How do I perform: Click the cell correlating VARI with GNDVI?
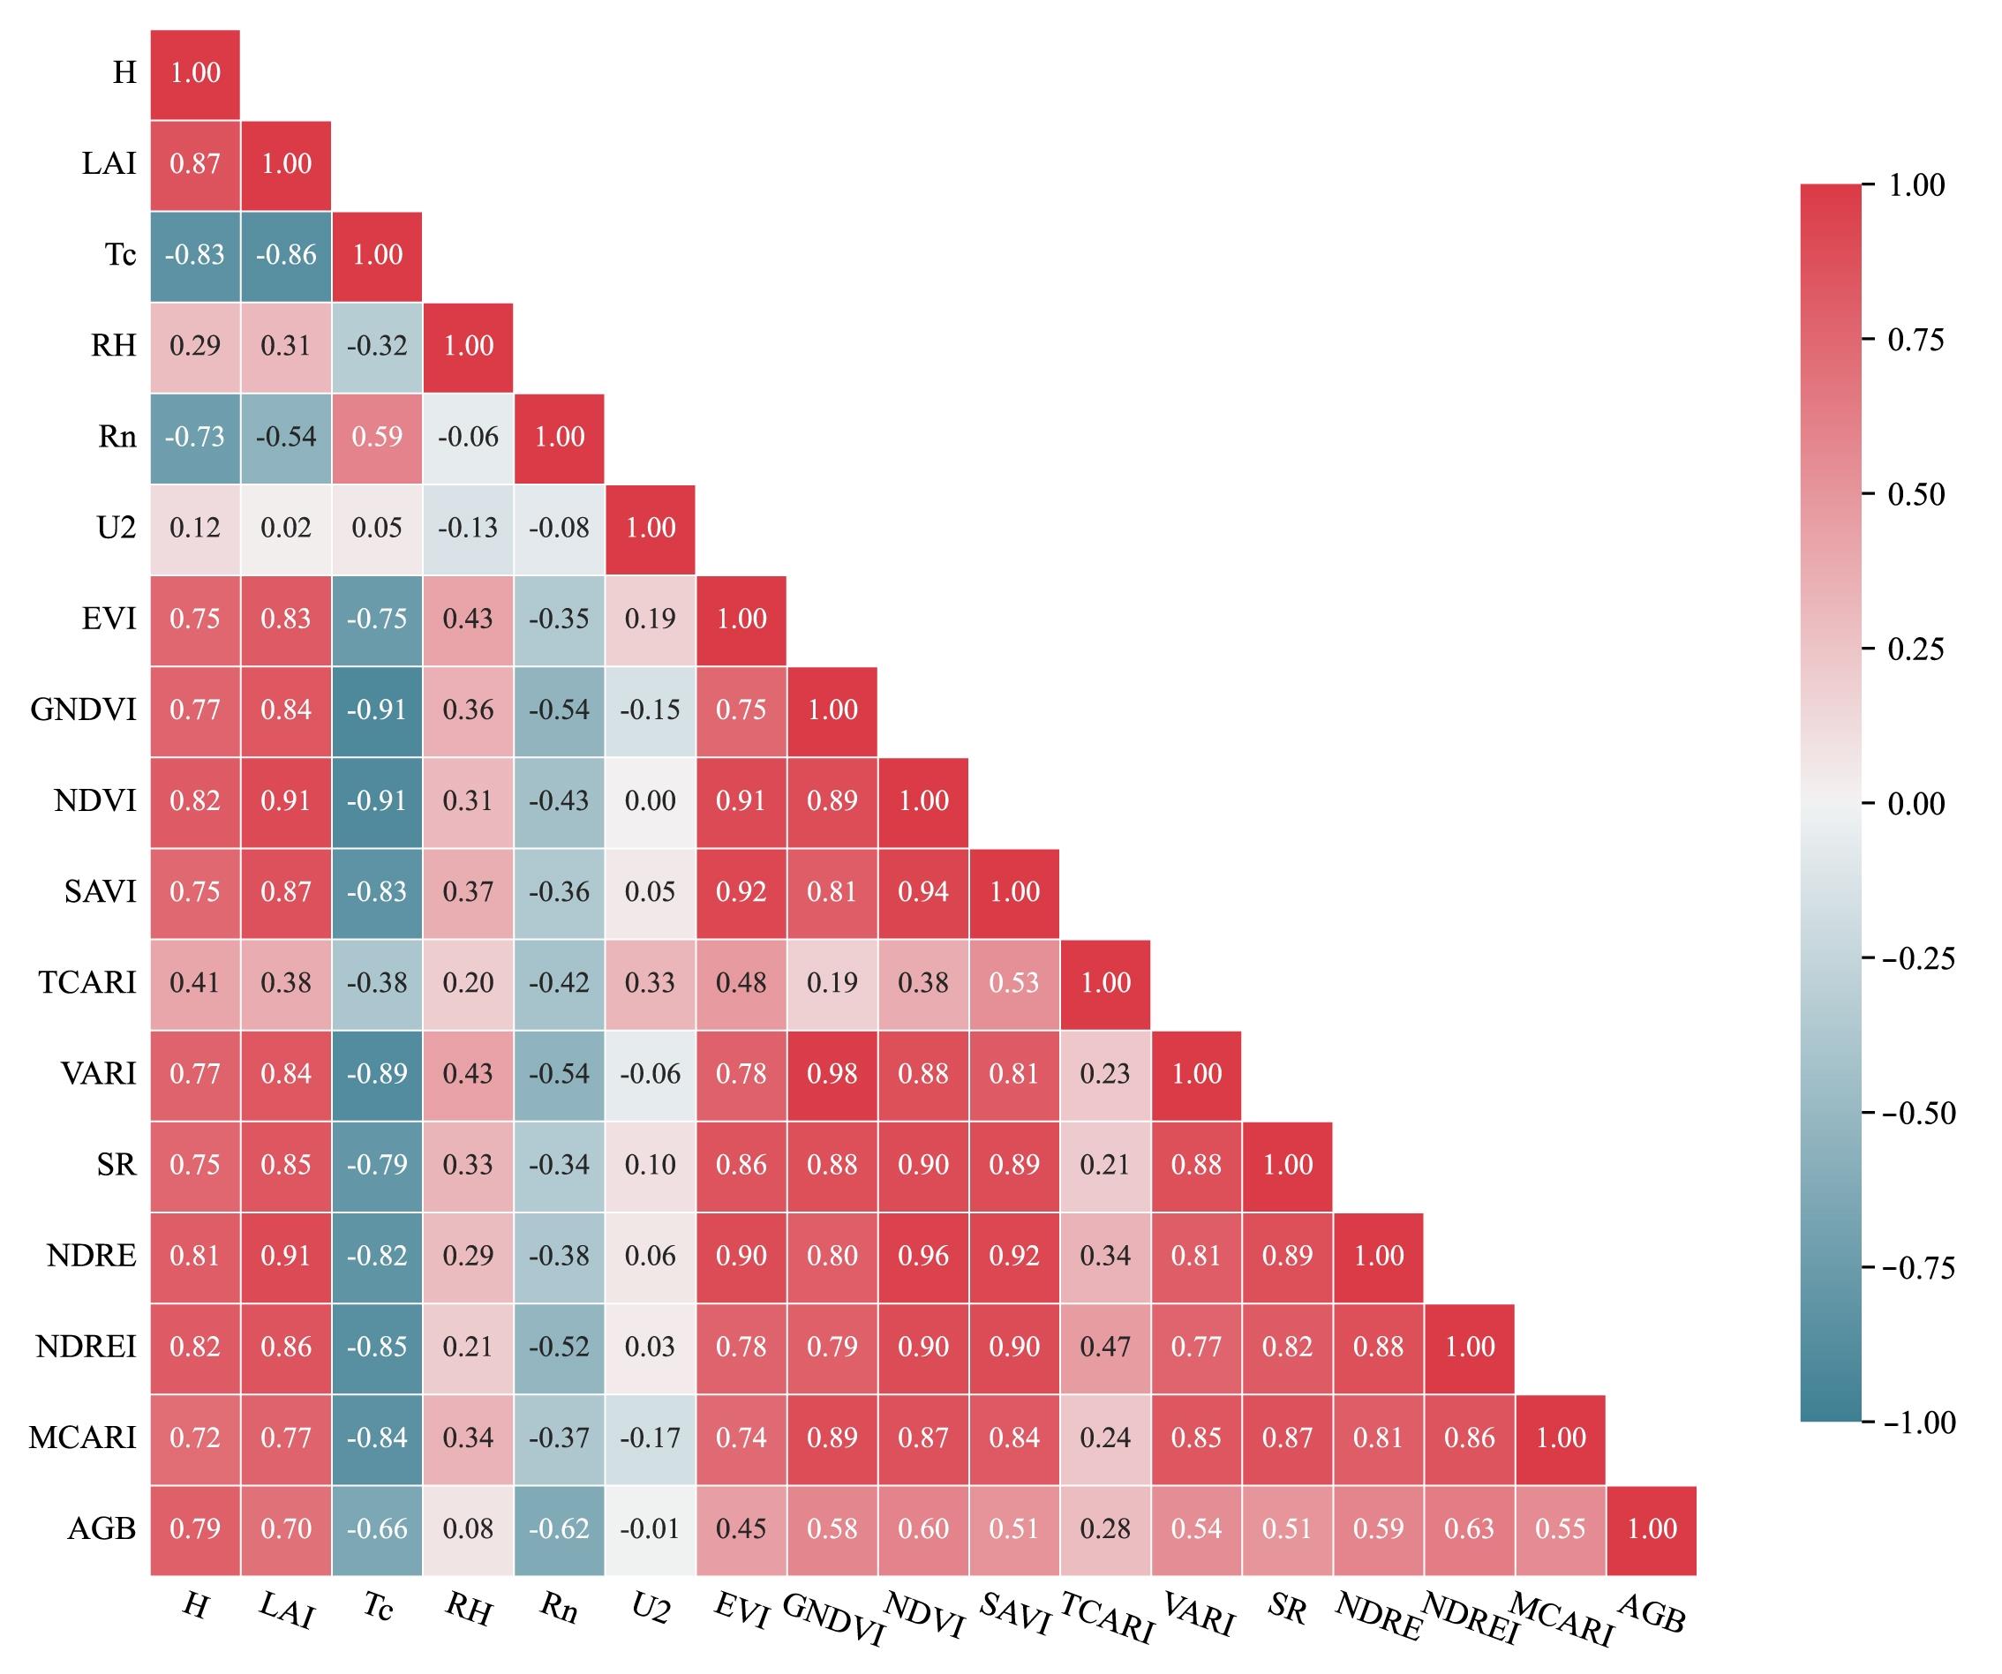(x=832, y=1073)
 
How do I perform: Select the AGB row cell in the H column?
(x=195, y=1528)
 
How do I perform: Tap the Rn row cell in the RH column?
(x=468, y=437)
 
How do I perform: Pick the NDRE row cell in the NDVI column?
(x=922, y=1256)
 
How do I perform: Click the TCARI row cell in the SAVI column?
(x=1014, y=983)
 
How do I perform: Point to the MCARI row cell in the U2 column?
(x=651, y=1438)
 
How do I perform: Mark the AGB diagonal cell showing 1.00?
(x=1652, y=1528)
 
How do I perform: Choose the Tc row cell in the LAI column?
(x=286, y=254)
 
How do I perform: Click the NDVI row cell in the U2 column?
(x=651, y=800)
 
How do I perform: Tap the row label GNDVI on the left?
(x=84, y=710)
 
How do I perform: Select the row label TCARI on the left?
(x=87, y=983)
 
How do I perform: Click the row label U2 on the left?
(x=117, y=528)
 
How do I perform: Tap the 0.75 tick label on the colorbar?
(x=1916, y=341)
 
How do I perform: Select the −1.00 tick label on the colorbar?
(x=1918, y=1423)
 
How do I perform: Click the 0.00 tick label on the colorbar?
(x=1916, y=804)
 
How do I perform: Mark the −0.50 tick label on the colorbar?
(x=1918, y=1114)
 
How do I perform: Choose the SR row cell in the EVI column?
(x=741, y=1165)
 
